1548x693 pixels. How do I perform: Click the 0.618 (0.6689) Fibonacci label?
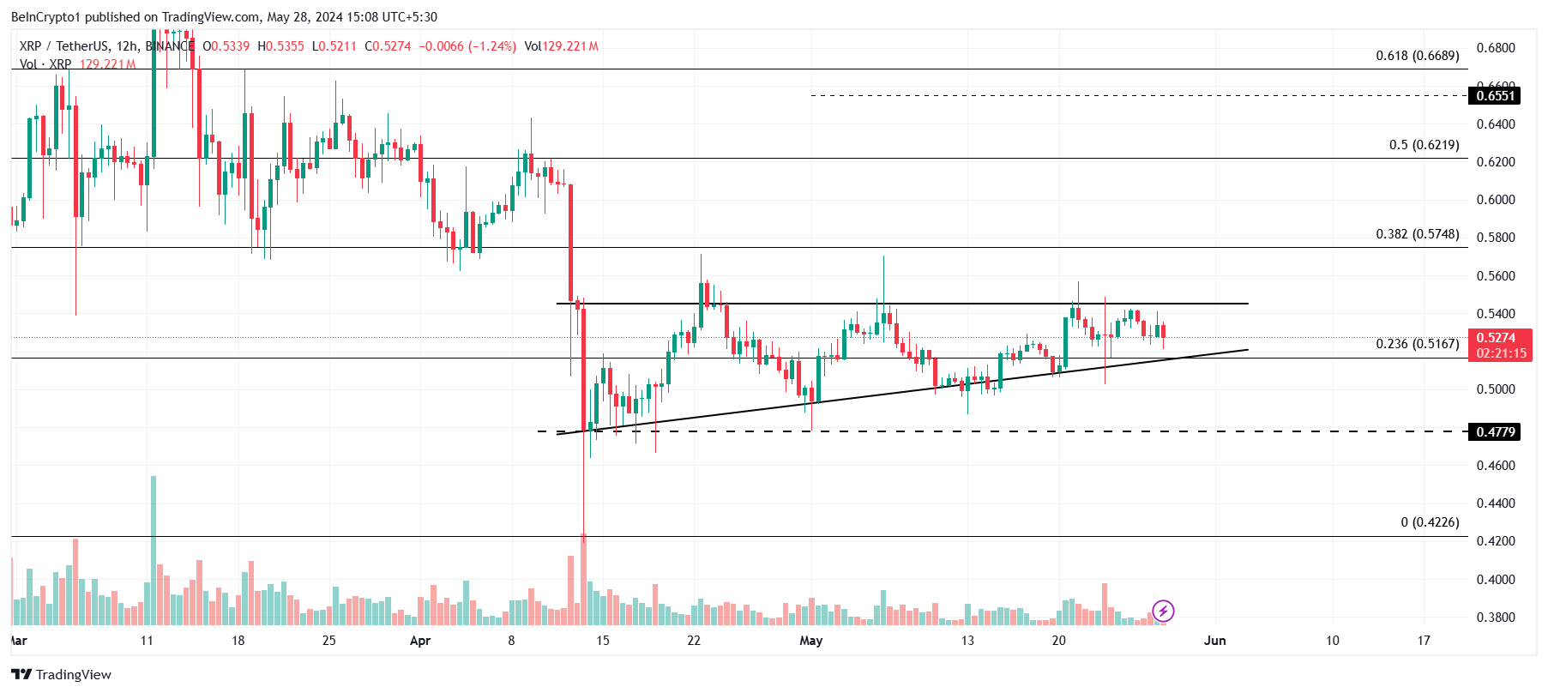[1417, 56]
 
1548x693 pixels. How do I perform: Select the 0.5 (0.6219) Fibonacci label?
[1424, 145]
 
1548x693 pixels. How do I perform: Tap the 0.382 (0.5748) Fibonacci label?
[1417, 234]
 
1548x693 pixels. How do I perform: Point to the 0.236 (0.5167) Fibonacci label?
[1417, 344]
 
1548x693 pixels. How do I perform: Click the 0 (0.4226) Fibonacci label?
[1430, 522]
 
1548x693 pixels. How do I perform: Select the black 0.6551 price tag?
[1495, 96]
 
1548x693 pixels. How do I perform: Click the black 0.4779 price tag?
[1495, 432]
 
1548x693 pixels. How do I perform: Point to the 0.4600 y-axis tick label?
[1495, 466]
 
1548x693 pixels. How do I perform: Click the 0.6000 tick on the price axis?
[1495, 200]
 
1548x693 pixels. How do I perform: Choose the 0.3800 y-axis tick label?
[1495, 618]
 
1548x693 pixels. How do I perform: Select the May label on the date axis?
[810, 641]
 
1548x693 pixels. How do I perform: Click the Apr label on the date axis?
[420, 641]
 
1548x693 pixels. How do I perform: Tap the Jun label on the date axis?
[1214, 641]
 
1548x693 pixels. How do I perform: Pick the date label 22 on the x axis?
[694, 641]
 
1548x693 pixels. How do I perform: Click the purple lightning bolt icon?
[1163, 611]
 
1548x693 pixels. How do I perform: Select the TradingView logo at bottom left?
[62, 675]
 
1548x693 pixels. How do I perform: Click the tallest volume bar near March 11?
[154, 549]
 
